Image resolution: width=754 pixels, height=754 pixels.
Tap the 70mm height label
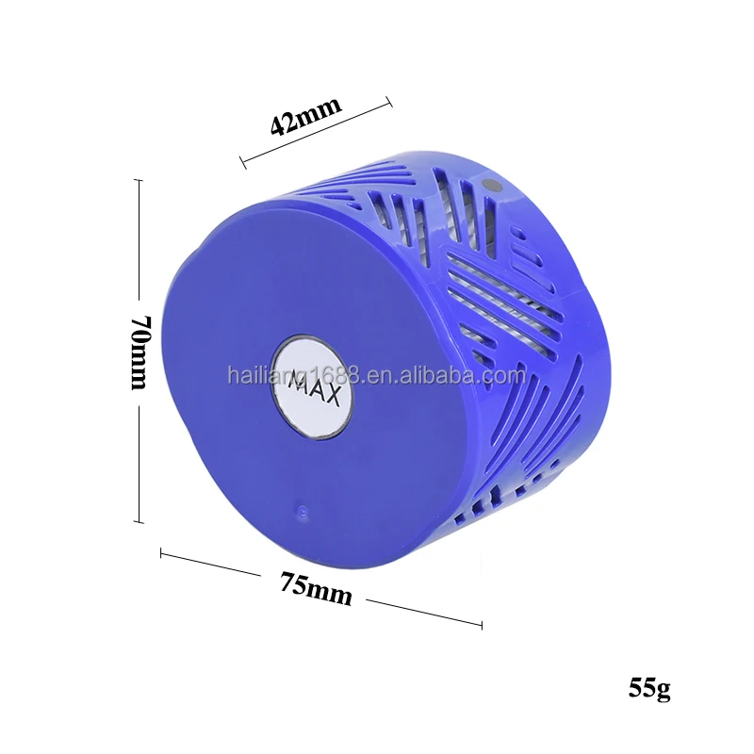(139, 352)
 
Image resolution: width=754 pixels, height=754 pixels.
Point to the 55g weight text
(649, 687)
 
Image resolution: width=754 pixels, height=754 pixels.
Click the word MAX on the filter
(315, 386)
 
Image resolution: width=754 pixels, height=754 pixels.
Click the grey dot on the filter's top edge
(489, 186)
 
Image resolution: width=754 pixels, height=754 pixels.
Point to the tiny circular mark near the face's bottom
(302, 513)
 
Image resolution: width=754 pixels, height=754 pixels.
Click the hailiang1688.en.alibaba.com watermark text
(376, 375)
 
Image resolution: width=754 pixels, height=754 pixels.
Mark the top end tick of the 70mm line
(139, 181)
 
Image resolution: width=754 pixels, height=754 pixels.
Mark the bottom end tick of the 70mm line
(139, 521)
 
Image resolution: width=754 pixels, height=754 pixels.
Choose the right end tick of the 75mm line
(482, 624)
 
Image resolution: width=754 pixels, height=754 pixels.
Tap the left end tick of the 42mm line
(242, 162)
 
